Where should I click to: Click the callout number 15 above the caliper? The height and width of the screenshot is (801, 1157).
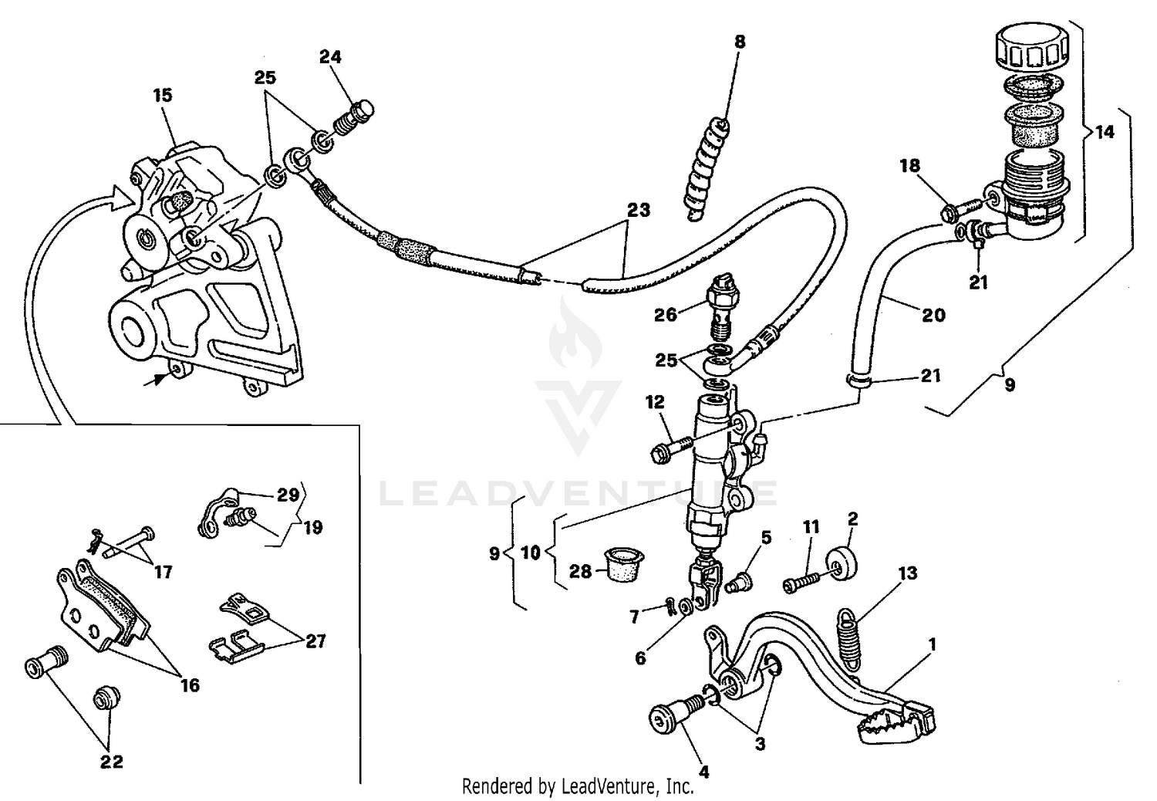tap(162, 96)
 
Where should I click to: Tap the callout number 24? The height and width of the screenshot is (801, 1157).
tap(330, 57)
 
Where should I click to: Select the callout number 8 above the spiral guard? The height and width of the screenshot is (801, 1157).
tap(740, 42)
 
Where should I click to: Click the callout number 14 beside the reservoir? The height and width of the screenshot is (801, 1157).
tap(1105, 132)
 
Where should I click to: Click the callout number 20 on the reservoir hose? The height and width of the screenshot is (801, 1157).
tap(933, 315)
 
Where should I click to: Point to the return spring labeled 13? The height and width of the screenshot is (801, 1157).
tap(848, 637)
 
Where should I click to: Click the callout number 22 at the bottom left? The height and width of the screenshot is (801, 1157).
tap(112, 762)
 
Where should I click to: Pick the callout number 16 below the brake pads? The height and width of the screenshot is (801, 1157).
tap(189, 684)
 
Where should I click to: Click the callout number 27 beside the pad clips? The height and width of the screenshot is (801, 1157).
tap(315, 640)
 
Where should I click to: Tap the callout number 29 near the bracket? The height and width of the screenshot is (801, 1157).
tap(288, 495)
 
